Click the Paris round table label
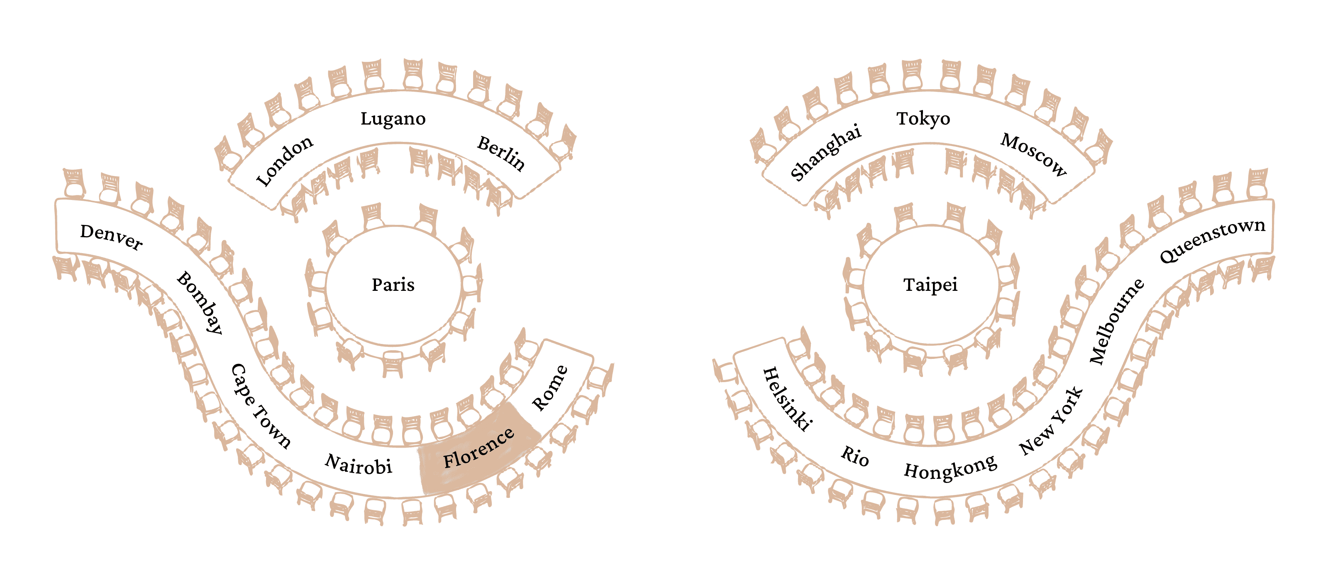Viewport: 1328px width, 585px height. (393, 285)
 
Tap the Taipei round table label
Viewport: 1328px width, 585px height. (930, 285)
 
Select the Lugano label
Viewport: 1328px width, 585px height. (393, 119)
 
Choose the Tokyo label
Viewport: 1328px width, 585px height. (923, 119)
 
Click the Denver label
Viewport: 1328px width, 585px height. (111, 237)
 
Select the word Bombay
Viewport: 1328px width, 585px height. (200, 302)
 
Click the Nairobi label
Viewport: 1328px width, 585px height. (358, 464)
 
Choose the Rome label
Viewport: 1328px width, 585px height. (549, 388)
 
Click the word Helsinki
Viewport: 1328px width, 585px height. (787, 398)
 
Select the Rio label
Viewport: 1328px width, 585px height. (855, 456)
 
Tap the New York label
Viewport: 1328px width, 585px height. (1052, 421)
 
